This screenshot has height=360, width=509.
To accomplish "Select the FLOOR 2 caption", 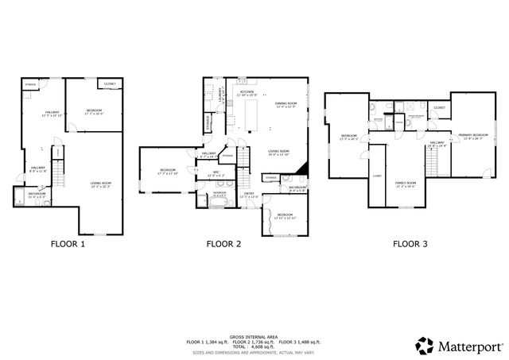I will pos(223,244).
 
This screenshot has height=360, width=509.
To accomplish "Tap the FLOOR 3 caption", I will pos(410,244).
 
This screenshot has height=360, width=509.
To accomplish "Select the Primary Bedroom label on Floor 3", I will pos(472,136).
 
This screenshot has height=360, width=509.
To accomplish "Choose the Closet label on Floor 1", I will pos(109,83).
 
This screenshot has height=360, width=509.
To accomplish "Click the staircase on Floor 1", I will pos(57,157).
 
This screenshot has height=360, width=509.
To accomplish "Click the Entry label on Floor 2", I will pos(249,194).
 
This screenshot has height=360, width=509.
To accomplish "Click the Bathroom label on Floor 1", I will pos(37,194).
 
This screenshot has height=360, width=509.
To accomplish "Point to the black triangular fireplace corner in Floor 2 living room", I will pos(299,169).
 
